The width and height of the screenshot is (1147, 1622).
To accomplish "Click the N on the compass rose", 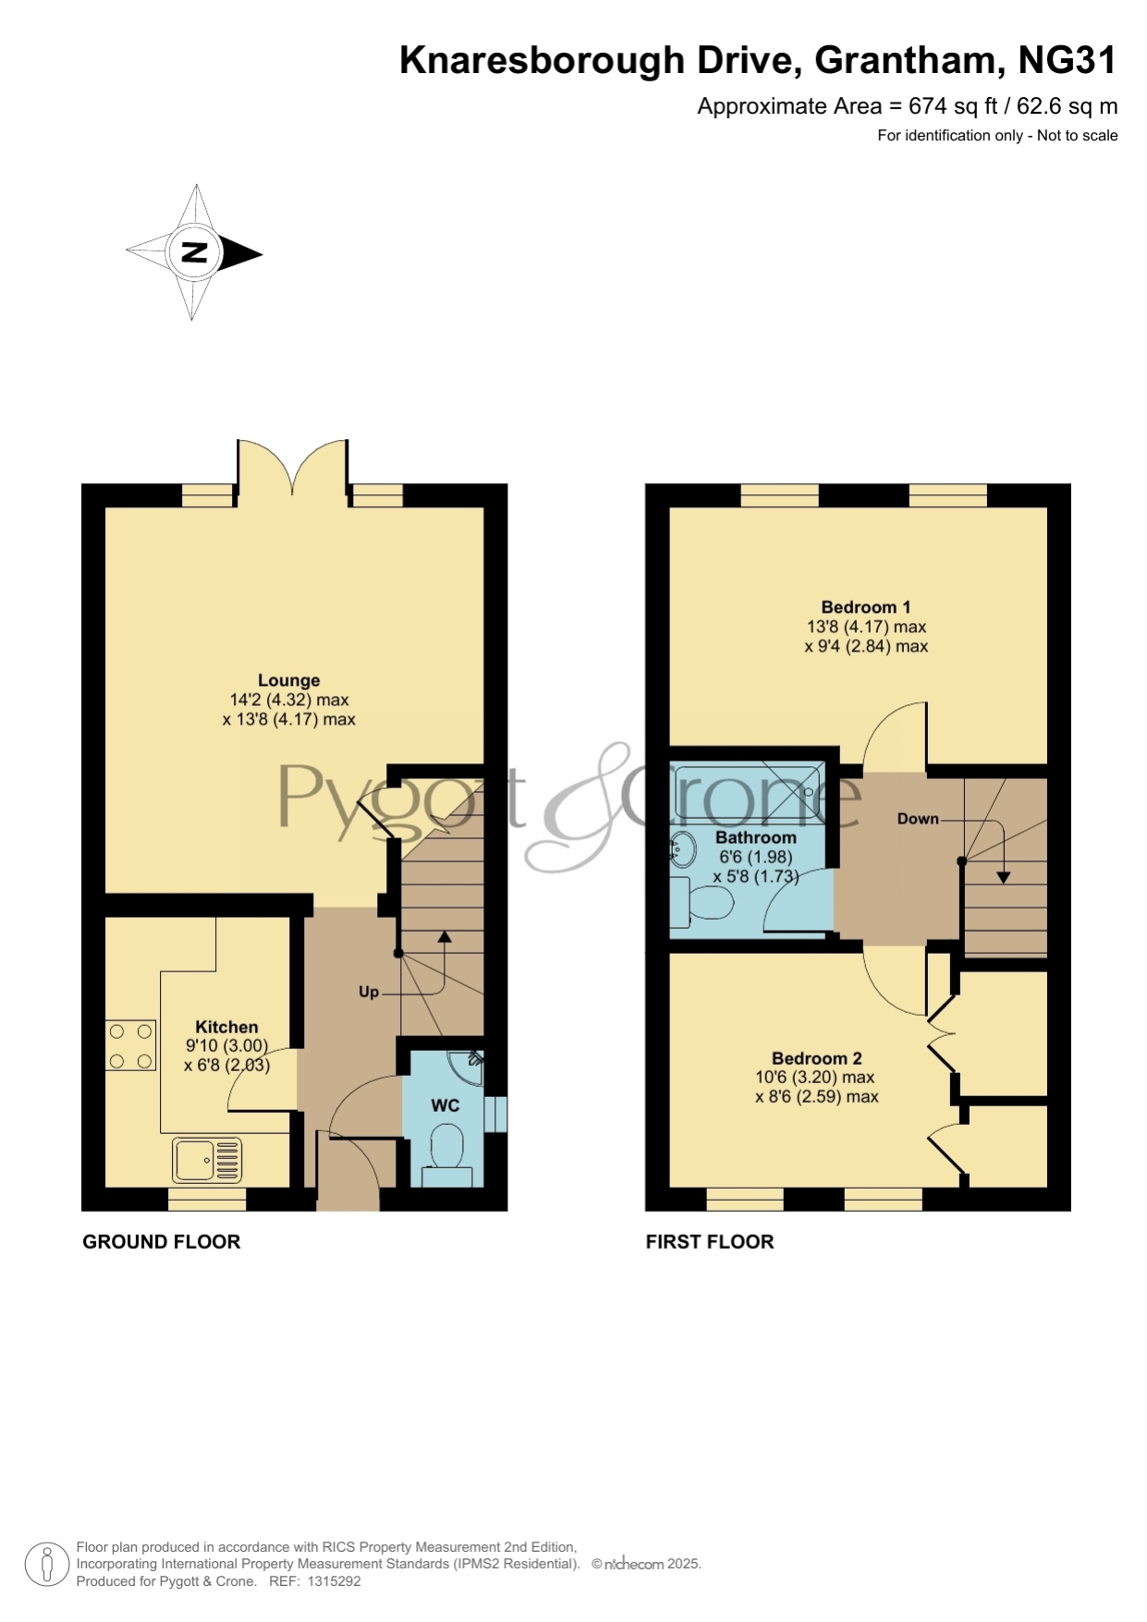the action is (194, 251).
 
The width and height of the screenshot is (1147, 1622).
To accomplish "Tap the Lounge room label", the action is (288, 680).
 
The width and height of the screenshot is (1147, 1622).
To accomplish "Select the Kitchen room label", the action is (226, 1027).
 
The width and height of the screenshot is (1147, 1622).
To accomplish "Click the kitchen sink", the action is (207, 1160).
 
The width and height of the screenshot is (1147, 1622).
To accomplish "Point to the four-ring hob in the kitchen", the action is (130, 1044).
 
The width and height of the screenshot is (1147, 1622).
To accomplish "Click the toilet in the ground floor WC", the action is (447, 1154).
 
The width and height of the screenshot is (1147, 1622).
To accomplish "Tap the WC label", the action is (445, 1105).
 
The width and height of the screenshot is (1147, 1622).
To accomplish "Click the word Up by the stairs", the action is (369, 992).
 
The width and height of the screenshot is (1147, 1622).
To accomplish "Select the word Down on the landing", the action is (918, 819).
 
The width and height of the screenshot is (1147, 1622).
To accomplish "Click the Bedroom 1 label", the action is (866, 607).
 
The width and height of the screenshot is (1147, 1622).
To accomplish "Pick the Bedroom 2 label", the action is (817, 1058).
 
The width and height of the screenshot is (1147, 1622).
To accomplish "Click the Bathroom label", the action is (756, 837).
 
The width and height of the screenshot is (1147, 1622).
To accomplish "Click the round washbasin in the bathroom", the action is (683, 848).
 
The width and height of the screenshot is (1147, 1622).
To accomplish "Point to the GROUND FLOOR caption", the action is (162, 1242).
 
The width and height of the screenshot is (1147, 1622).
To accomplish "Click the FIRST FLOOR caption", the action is (710, 1242).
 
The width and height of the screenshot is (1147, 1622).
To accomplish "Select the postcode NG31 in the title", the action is (1068, 60).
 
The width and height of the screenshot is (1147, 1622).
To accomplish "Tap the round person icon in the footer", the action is (46, 1565).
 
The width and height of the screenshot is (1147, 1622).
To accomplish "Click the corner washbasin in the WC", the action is (469, 1064).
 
